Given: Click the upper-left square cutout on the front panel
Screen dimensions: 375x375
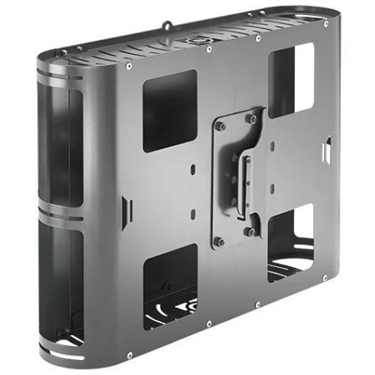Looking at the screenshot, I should point(169,110).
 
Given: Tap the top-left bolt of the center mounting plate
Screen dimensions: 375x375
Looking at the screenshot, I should point(220,126).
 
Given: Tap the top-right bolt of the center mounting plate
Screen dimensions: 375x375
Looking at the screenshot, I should point(252,118).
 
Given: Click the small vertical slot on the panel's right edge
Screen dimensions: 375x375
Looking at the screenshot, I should point(327,150).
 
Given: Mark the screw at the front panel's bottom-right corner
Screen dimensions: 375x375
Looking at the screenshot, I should point(323,278).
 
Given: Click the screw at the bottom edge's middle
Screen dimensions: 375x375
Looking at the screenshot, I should point(257,304).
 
